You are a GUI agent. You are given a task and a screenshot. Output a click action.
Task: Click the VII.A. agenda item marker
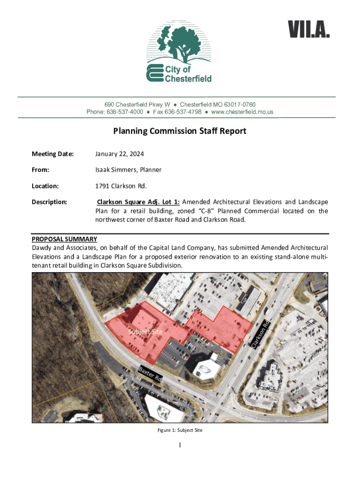[309, 31]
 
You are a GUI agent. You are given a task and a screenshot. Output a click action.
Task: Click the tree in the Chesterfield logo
[178, 44]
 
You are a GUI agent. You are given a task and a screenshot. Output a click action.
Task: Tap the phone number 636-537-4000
[125, 112]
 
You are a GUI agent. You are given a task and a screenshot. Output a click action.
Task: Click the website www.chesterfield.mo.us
[242, 112]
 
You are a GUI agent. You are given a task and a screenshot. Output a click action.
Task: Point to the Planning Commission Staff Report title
[180, 131]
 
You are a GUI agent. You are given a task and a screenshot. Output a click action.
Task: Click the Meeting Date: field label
[52, 154]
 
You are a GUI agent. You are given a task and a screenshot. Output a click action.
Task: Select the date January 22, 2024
[120, 154]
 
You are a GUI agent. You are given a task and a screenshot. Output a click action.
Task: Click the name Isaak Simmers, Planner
[129, 170]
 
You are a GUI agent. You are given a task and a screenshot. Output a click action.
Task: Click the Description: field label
[50, 202]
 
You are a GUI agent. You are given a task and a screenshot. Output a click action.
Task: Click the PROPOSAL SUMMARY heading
[64, 239]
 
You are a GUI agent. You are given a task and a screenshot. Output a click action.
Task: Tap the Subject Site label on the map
[145, 332]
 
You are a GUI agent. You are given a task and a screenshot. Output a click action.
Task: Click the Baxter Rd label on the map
[150, 375]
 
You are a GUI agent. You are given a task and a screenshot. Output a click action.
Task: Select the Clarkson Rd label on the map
[260, 334]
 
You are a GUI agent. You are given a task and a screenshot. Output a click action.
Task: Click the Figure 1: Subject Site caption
[180, 430]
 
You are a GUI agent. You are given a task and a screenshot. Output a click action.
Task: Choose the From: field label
[41, 170]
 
